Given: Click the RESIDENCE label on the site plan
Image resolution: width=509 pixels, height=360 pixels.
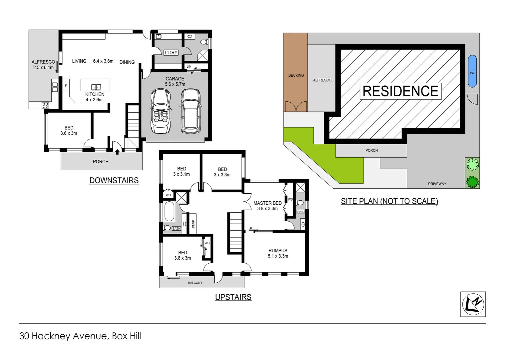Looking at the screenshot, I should pyautogui.click(x=400, y=91).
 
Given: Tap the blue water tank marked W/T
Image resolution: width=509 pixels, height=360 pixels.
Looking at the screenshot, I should pyautogui.click(x=472, y=71).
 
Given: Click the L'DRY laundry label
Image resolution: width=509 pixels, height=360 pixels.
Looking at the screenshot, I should pyautogui.click(x=171, y=53).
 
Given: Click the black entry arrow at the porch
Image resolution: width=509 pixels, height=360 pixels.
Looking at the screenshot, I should pyautogui.click(x=117, y=152).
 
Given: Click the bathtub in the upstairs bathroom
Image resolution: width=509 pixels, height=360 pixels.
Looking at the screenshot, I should pyautogui.click(x=169, y=211).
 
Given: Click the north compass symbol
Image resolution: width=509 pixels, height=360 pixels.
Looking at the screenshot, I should pyautogui.click(x=473, y=304).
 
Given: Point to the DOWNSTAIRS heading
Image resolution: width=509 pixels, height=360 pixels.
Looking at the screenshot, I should pyautogui.click(x=114, y=180).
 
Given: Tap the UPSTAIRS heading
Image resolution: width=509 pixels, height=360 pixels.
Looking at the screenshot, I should pyautogui.click(x=233, y=297).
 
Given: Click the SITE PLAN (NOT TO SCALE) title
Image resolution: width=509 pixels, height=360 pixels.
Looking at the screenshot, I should pyautogui.click(x=389, y=201).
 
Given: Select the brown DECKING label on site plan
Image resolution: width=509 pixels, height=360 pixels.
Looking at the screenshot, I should pyautogui.click(x=296, y=75).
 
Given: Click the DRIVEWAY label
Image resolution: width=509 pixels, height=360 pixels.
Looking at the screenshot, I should pyautogui.click(x=437, y=184).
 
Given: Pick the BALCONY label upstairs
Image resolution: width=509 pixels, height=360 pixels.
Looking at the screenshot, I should pyautogui.click(x=195, y=283).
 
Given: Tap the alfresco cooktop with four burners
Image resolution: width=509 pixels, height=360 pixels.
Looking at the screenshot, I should pyautogui.click(x=45, y=105).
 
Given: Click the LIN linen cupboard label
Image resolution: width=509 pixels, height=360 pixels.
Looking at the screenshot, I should pyautogui.click(x=189, y=67).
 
